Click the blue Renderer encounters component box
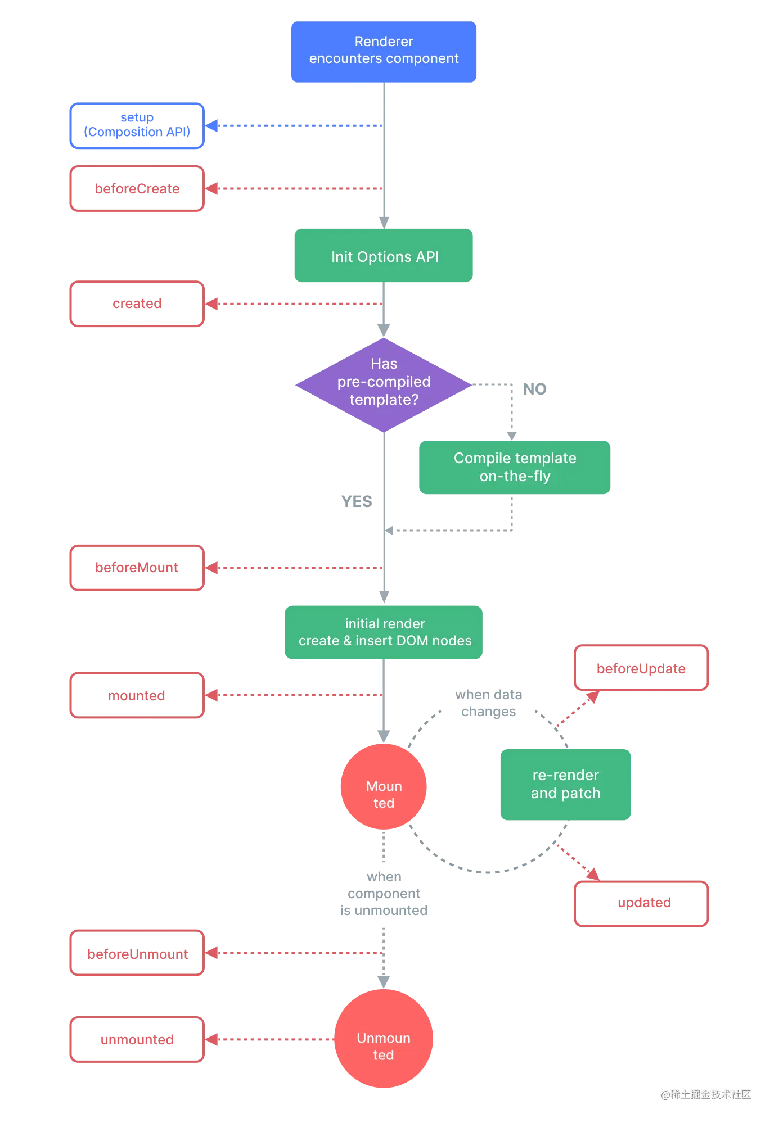(384, 52)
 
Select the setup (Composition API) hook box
(137, 126)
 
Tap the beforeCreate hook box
(137, 189)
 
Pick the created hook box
(137, 304)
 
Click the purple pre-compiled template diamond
(384, 383)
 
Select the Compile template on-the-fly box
(515, 467)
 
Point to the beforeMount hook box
(137, 568)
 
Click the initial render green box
(384, 632)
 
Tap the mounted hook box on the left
(137, 695)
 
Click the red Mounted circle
(384, 787)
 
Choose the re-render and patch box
(566, 784)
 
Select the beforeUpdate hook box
(641, 668)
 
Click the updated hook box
(641, 903)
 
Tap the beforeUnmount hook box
(137, 953)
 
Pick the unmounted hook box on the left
(137, 1040)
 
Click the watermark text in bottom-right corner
(705, 1094)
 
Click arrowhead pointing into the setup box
(213, 125)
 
